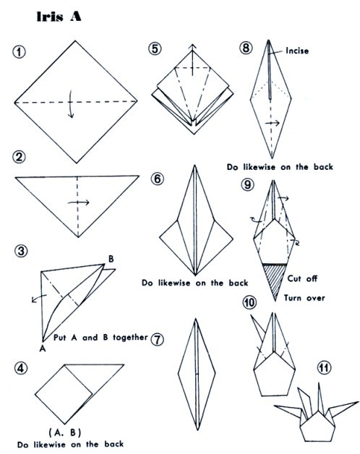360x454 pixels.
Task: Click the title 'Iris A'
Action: pos(59,17)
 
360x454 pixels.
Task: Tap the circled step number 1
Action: pos(19,52)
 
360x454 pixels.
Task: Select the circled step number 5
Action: pos(155,48)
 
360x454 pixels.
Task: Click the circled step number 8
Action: pos(246,48)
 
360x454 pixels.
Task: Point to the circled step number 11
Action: pos(324,368)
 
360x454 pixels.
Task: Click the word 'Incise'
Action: pos(297,51)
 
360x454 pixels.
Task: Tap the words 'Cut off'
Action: pos(302,278)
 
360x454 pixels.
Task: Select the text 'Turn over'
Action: pos(304,298)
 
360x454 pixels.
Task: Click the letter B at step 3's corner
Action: pos(111,259)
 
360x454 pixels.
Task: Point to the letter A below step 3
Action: pos(43,348)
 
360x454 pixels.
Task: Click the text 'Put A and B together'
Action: pos(100,338)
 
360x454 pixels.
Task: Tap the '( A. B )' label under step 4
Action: pos(65,432)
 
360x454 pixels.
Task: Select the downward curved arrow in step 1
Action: pos(70,104)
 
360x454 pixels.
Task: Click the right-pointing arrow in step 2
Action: pos(79,202)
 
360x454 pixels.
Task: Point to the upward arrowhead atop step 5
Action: pos(192,46)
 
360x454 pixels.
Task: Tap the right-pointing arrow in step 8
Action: pos(273,123)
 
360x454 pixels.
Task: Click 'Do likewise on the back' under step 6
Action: pos(195,283)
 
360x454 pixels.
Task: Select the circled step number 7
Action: pos(157,339)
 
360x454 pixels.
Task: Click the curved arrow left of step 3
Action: pos(39,298)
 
